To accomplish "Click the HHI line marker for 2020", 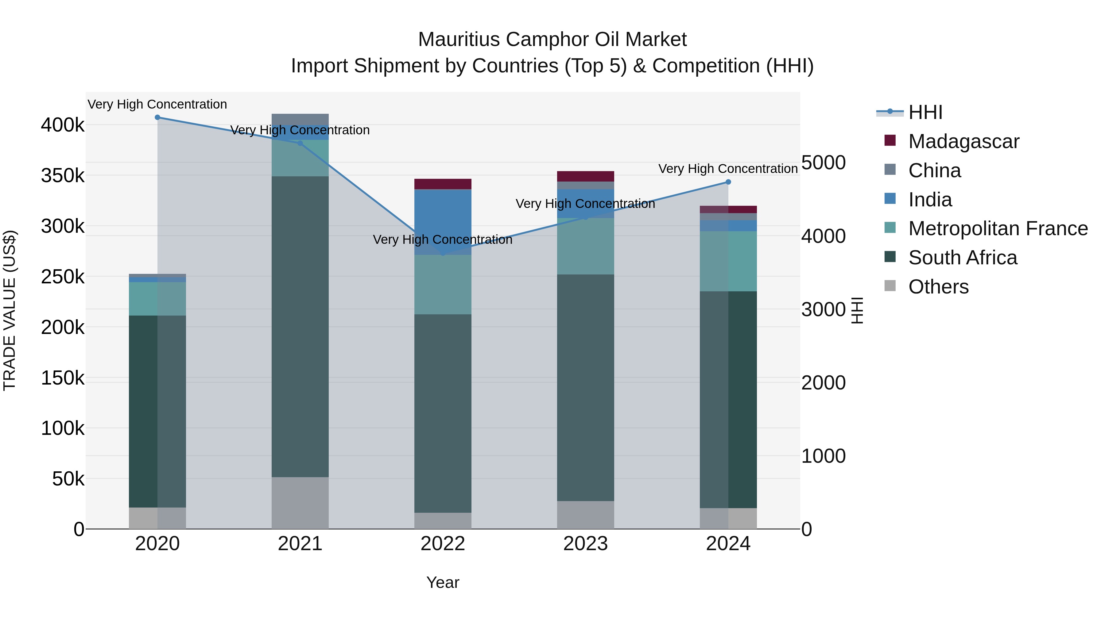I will click(x=157, y=117).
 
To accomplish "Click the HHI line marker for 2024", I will click(x=728, y=182).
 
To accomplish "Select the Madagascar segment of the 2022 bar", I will click(x=443, y=184).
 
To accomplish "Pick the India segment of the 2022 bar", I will click(x=443, y=222).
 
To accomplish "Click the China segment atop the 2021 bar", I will click(x=300, y=119).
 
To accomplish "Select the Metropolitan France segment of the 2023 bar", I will click(x=586, y=247).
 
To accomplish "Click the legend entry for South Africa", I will click(x=962, y=258).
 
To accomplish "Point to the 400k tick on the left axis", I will click(x=63, y=125).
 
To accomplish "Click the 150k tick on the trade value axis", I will click(x=63, y=378).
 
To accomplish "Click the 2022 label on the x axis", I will click(x=443, y=544).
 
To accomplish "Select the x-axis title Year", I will click(x=443, y=582).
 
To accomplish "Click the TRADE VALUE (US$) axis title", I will click(x=10, y=310).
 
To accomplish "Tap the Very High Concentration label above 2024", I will click(x=728, y=169).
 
